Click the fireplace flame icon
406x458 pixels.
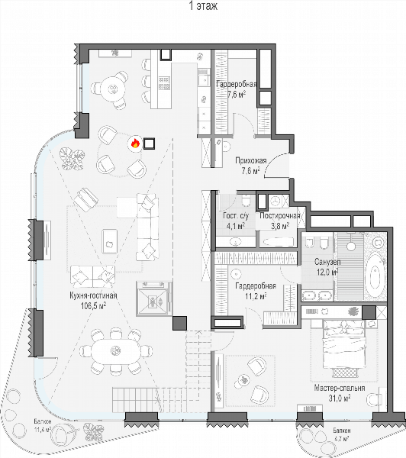134,144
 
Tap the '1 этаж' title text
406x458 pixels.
203,6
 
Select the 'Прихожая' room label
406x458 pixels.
251,160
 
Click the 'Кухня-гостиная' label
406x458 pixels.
93,295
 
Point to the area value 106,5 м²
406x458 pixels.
93,305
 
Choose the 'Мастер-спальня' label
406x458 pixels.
340,388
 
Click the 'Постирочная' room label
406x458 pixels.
280,216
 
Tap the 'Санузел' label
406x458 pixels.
327,262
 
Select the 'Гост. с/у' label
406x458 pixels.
236,216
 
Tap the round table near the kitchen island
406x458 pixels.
112,88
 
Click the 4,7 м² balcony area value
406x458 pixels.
340,438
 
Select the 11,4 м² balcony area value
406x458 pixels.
43,430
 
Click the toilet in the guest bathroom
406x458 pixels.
246,201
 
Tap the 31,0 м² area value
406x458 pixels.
340,398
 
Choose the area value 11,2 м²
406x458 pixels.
256,296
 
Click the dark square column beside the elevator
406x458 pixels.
179,323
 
